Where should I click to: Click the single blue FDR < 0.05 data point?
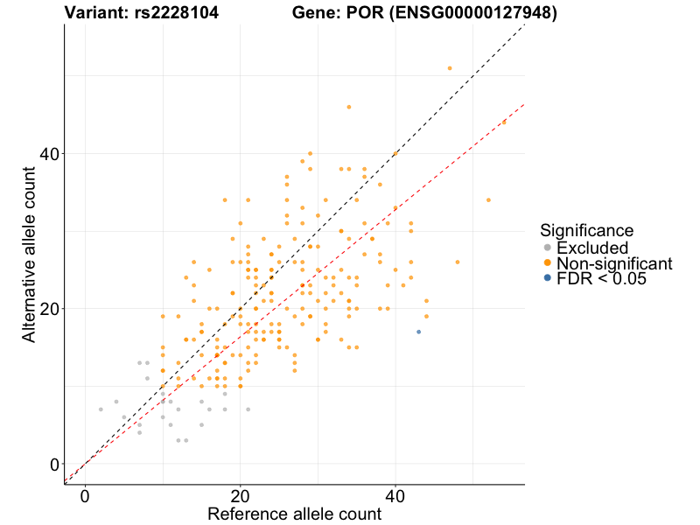(418, 332)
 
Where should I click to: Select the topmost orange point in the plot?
(450, 68)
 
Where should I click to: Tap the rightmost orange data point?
(504, 122)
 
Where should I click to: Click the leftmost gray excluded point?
(101, 409)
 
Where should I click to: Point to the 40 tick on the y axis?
(65, 153)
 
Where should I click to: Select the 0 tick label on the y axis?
(54, 464)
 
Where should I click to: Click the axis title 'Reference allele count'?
(294, 514)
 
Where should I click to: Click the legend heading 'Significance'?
(586, 230)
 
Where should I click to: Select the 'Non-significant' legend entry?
(614, 263)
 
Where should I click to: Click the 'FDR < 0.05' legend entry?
(601, 279)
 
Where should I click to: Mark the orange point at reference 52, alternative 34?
(488, 199)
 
